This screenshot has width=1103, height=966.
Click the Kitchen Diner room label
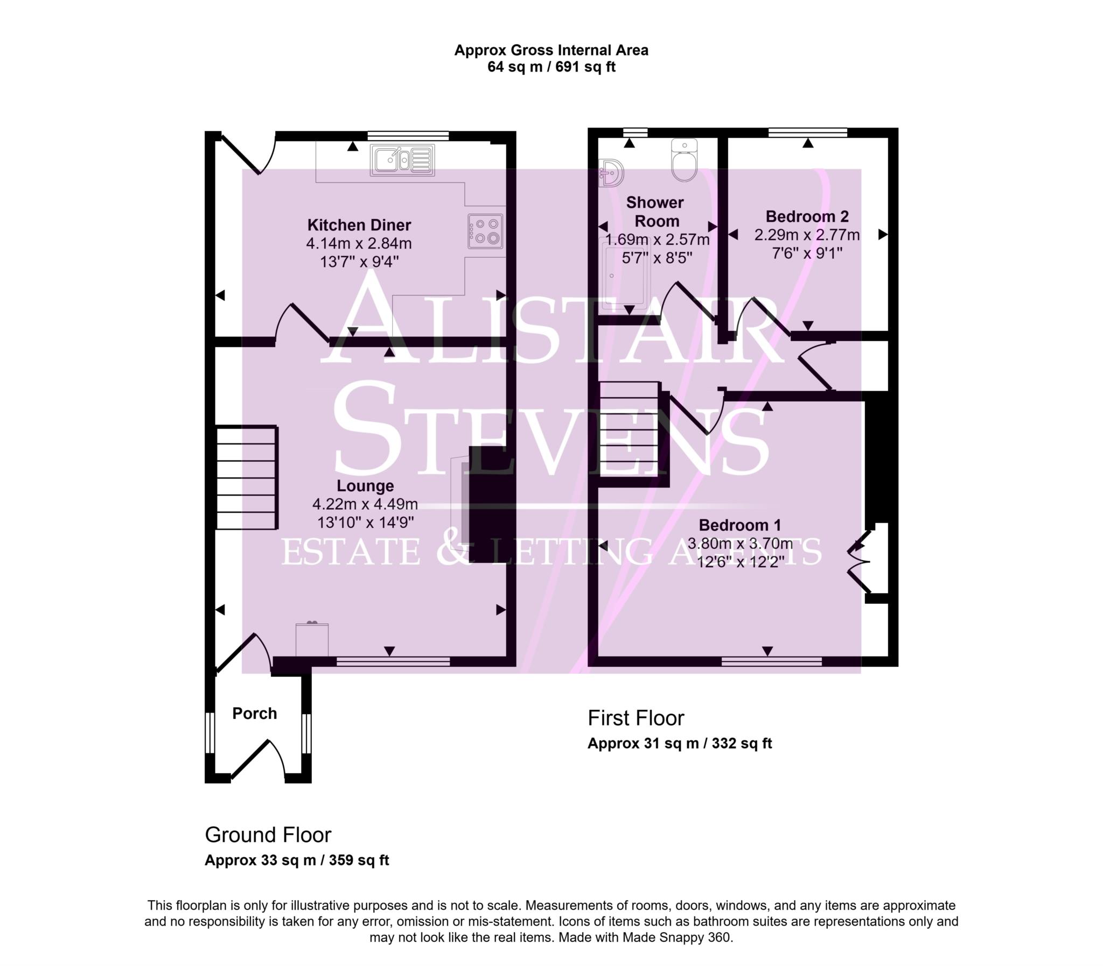point(359,225)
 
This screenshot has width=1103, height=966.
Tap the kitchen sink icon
point(402,160)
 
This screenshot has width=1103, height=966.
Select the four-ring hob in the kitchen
point(485,231)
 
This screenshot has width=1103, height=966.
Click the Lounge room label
point(365,486)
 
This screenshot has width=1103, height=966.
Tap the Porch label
point(255,714)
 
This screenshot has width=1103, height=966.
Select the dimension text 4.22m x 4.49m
point(365,505)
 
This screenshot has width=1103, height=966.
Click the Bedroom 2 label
point(806,217)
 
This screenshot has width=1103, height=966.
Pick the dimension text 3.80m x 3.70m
point(739,544)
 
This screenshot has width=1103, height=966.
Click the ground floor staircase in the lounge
point(247,477)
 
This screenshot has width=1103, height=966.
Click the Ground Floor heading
point(268,835)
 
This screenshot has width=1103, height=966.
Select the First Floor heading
point(636,718)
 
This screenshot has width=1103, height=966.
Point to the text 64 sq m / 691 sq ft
point(550,67)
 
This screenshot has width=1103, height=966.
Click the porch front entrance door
point(258,760)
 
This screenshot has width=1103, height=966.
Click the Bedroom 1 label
point(739,525)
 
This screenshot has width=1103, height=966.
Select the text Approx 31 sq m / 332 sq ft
point(679,743)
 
